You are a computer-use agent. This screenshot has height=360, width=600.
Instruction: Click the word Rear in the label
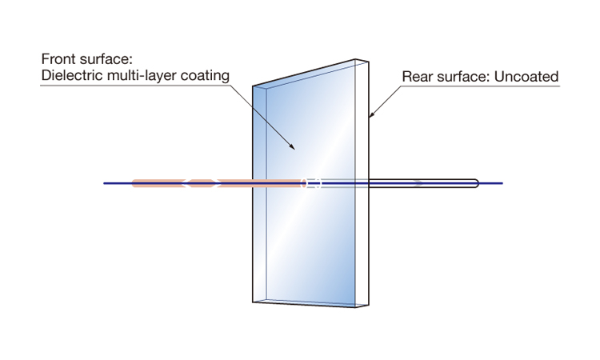[x=417, y=78]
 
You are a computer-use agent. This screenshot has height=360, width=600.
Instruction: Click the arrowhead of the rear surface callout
[x=370, y=117]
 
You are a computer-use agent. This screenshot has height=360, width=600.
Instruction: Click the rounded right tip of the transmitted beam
[x=477, y=183]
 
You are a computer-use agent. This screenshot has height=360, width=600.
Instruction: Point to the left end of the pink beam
[x=134, y=183]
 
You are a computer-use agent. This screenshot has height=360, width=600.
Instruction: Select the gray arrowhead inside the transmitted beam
[x=419, y=183]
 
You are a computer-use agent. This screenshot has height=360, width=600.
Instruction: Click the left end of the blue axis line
[x=105, y=183]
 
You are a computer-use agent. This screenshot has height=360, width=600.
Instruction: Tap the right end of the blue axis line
[x=502, y=183]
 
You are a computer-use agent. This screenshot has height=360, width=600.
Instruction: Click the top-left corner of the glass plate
[x=254, y=85]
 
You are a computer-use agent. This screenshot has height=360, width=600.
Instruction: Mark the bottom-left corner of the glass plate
[x=254, y=303]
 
